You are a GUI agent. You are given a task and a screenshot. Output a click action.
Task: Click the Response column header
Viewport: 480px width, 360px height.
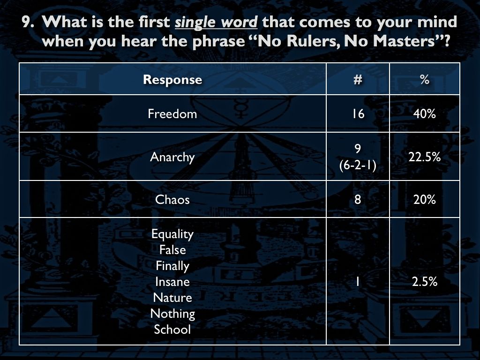coord(172,80)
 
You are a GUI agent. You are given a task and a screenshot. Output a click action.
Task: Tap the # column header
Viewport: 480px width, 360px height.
coord(358,80)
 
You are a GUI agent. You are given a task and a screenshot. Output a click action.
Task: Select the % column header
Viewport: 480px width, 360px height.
coord(425,80)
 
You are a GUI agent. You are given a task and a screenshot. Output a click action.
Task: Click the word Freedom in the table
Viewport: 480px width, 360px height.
coord(172,114)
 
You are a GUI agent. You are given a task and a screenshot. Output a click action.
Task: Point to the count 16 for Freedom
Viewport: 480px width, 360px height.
coord(358,114)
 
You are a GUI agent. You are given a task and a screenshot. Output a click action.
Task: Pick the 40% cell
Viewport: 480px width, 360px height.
coord(425,114)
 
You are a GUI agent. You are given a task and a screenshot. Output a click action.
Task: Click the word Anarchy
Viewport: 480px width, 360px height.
coord(172,157)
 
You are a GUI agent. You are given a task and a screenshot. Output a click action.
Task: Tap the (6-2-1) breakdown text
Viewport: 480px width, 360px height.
coord(358,165)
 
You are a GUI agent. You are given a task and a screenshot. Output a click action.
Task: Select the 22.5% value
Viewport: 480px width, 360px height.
coord(425,157)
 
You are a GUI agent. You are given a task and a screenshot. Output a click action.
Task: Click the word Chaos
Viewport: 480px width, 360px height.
coord(172,200)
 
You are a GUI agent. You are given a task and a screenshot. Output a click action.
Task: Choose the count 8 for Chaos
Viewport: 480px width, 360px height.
coord(358,200)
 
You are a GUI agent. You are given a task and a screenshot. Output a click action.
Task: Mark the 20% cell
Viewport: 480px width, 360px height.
coord(425,200)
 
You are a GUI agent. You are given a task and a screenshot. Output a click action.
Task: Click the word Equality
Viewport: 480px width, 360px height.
coord(172,234)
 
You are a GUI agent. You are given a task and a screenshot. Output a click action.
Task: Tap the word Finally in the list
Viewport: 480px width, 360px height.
coord(172,266)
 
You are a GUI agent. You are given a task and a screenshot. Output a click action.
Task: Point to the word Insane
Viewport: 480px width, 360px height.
coord(172,282)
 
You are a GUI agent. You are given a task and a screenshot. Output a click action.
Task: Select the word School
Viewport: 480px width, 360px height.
coord(172,330)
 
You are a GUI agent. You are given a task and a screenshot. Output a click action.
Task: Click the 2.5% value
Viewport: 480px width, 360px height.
coord(425,282)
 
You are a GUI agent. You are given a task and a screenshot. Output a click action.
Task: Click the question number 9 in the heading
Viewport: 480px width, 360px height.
coord(28,22)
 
